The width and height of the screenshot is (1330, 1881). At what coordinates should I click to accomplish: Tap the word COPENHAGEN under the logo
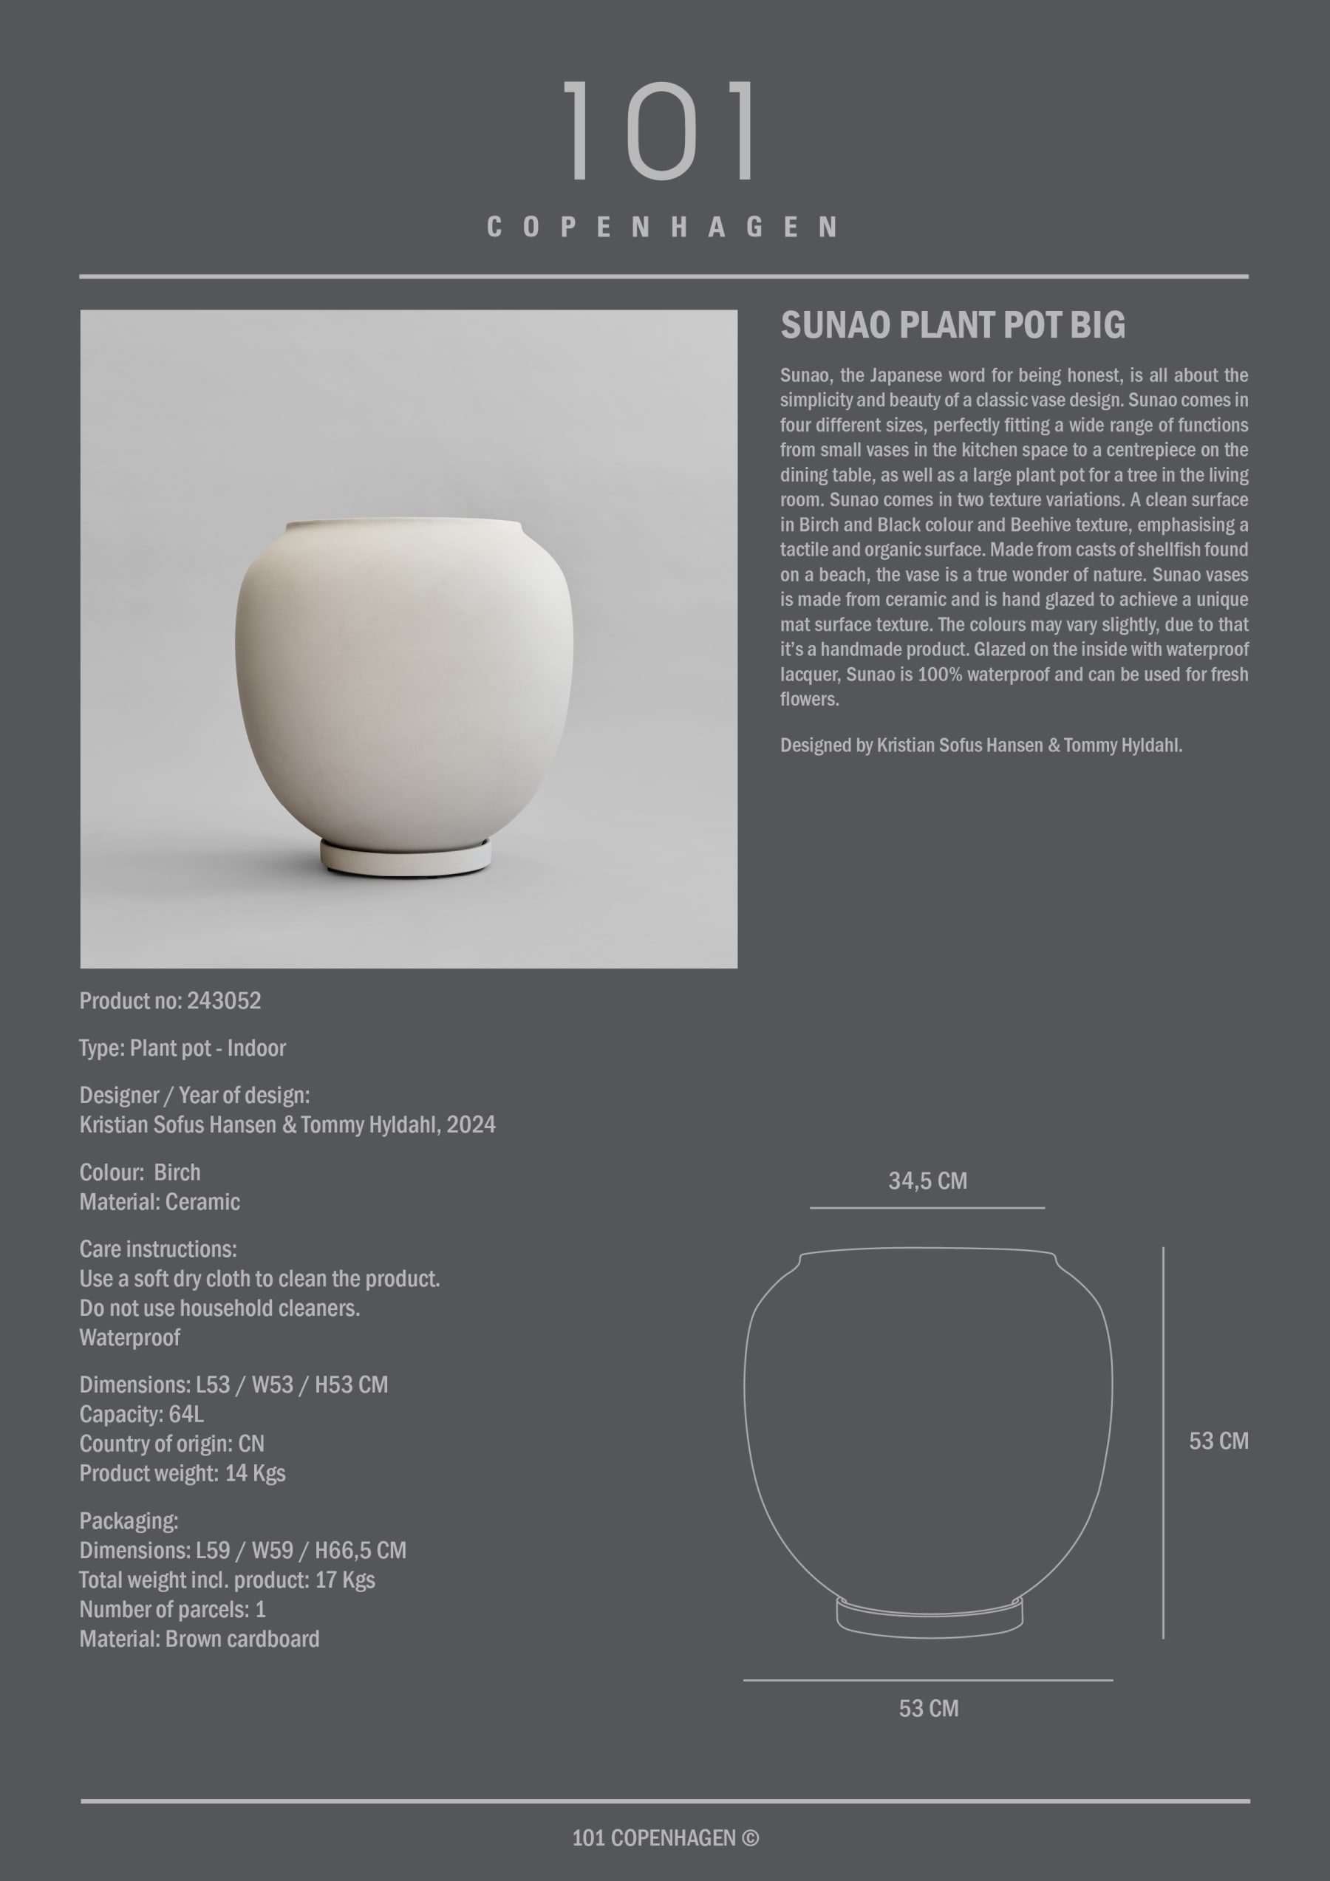[x=662, y=227]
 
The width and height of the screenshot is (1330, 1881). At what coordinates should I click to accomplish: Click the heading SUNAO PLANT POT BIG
[x=952, y=325]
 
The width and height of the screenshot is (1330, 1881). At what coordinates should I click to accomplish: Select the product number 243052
[x=224, y=1000]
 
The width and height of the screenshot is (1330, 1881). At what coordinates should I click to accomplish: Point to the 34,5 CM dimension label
[x=927, y=1181]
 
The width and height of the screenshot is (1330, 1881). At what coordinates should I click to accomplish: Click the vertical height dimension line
[x=1163, y=1442]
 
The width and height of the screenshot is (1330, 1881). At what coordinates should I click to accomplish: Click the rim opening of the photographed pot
[x=403, y=522]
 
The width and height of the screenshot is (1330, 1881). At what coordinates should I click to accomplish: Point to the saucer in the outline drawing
[x=930, y=1618]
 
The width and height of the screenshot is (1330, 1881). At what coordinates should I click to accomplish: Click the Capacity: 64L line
[x=142, y=1414]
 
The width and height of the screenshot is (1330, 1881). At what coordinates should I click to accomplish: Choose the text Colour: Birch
[x=140, y=1172]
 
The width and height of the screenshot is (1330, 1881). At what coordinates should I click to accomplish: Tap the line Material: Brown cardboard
[x=199, y=1639]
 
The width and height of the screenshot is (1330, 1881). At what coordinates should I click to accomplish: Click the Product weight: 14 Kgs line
[x=183, y=1473]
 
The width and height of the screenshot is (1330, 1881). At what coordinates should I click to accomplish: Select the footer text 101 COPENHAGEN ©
[x=664, y=1837]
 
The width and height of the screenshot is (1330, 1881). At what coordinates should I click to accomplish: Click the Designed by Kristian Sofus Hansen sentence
[x=980, y=745]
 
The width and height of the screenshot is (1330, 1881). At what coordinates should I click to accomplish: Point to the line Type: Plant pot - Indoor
[x=183, y=1048]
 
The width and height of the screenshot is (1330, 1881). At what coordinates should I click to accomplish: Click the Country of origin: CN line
[x=172, y=1444]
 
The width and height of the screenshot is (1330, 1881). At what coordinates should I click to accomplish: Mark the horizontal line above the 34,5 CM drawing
[x=927, y=1207]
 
